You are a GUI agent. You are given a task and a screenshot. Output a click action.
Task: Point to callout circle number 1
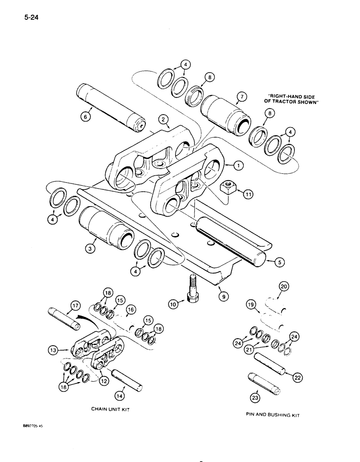(239, 164)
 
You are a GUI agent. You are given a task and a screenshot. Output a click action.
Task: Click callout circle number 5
(279, 262)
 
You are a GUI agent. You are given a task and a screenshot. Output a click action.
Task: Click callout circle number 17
(75, 305)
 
